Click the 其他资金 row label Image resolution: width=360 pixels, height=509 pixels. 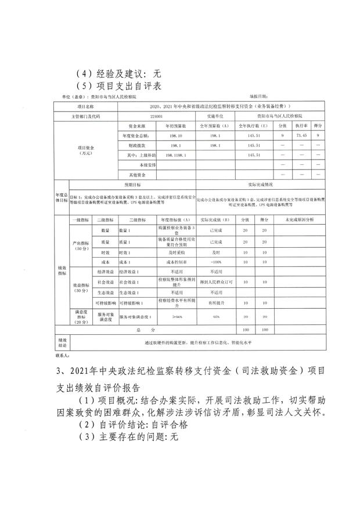tap(136, 174)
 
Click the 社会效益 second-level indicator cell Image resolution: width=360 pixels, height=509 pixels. tap(105, 282)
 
